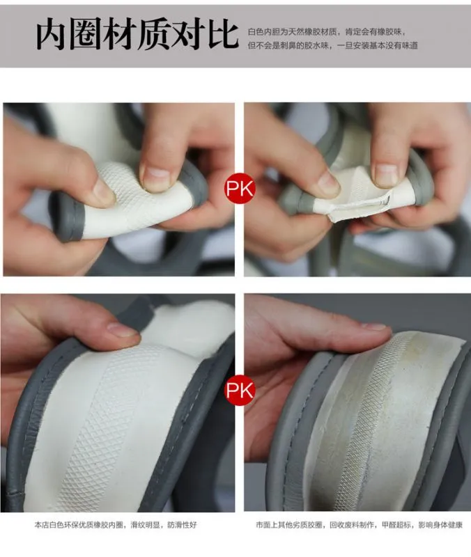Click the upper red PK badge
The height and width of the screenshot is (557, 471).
[240, 189]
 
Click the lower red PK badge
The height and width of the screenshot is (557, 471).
[240, 390]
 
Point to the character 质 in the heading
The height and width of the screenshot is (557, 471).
[154, 35]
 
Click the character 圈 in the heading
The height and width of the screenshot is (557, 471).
[85, 35]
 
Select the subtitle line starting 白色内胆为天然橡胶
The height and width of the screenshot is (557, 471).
[326, 32]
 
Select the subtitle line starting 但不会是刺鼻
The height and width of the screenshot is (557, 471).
[333, 45]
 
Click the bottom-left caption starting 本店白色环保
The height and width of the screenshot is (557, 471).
[116, 525]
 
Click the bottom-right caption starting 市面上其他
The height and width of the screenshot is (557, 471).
[359, 525]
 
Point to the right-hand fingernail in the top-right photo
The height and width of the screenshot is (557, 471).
[386, 175]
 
